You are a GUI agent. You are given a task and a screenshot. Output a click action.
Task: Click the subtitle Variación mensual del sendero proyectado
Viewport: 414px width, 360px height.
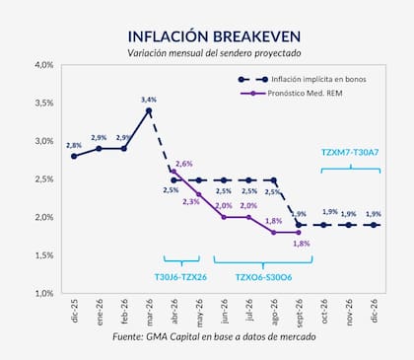tap(206, 52)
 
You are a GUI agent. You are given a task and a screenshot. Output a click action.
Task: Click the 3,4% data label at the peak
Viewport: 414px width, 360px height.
tap(149, 100)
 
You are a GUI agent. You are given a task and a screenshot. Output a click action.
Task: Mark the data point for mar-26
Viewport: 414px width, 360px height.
tap(149, 110)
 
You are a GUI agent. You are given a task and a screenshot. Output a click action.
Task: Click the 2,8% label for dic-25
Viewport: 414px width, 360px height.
tap(73, 145)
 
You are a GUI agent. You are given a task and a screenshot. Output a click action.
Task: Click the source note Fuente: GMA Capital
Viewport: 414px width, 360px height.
tap(206, 338)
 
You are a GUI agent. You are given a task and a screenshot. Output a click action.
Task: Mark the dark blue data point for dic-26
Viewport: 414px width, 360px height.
tap(375, 225)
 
